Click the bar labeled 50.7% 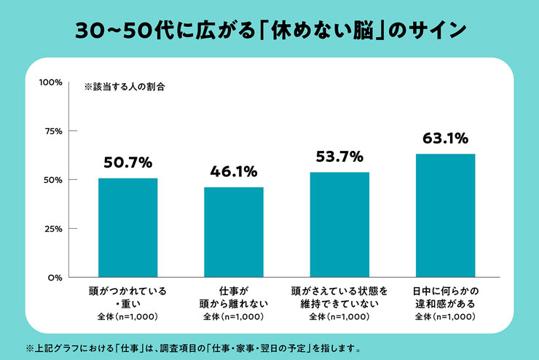tap(128, 227)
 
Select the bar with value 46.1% tap(234, 232)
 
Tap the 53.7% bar tap(339, 224)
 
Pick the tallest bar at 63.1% tap(446, 216)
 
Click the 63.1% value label tap(446, 138)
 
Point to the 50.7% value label tap(128, 163)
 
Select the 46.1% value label tap(234, 171)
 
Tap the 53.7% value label tap(339, 157)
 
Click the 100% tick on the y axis tap(51, 82)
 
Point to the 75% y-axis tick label tap(54, 131)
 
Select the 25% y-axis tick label tap(54, 229)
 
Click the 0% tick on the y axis tap(55, 278)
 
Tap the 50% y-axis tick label tap(53, 180)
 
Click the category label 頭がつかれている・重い tap(128, 297)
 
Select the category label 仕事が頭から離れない tap(234, 297)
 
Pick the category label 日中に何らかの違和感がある tap(446, 297)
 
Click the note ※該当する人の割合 tap(125, 87)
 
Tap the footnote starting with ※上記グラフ tap(194, 348)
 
